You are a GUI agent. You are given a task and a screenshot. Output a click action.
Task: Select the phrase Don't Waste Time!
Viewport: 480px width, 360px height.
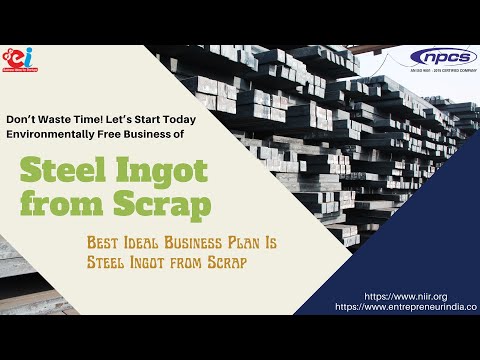pos(51,118)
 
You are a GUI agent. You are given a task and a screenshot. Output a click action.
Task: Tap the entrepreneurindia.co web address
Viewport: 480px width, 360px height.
pos(405,308)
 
